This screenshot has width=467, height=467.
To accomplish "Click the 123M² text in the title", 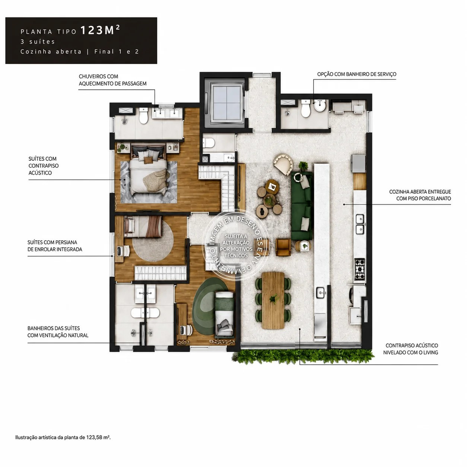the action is (x=100, y=30).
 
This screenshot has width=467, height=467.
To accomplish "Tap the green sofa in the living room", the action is (x=302, y=206).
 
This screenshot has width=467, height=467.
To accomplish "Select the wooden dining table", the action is (x=273, y=300).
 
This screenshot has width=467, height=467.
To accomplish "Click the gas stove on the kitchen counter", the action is (x=360, y=269).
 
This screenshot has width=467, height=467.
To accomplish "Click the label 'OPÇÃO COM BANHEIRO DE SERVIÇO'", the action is (x=357, y=74).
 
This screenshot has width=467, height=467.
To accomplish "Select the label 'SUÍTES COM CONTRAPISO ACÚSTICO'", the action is (x=44, y=166).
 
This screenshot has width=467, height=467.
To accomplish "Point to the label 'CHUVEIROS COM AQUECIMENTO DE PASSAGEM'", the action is (x=112, y=80).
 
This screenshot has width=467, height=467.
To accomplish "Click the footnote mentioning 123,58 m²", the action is (x=63, y=438).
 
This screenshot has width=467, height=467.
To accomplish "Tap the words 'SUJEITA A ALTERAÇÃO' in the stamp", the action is (x=236, y=239).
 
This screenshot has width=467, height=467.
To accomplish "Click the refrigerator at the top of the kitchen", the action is (x=359, y=163).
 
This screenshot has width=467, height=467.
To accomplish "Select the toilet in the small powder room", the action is (x=209, y=143).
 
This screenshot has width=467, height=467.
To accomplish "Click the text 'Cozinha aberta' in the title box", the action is (x=51, y=52).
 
